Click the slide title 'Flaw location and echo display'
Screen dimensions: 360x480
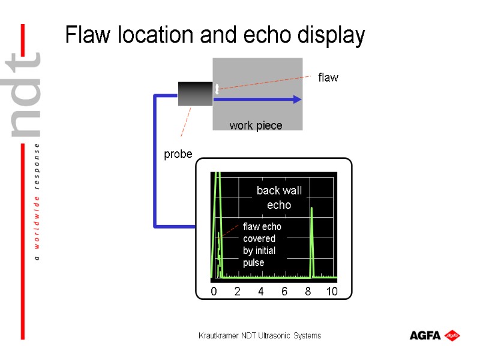coord(215,36)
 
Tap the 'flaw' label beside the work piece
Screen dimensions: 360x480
coord(328,77)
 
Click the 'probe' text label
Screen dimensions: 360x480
coord(178,154)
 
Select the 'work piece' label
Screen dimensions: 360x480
coord(256,125)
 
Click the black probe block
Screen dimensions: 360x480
coord(196,95)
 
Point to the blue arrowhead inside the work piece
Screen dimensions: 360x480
coord(296,100)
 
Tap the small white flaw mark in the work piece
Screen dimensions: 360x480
coord(217,89)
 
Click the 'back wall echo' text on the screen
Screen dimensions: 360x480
coord(279,197)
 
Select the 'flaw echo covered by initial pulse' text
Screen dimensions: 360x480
coord(262,245)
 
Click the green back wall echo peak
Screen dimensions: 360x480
coord(312,240)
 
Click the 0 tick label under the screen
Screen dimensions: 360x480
coord(214,292)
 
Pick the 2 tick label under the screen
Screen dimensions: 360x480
coord(237,292)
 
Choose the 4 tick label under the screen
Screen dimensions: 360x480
coord(261,292)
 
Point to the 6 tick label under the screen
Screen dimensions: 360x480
coord(284,292)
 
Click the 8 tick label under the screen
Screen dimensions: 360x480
coord(308,292)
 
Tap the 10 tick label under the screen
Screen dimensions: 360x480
coord(332,292)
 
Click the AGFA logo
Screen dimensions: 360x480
coord(434,335)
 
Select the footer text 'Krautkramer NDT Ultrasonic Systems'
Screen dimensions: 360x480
coord(260,335)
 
